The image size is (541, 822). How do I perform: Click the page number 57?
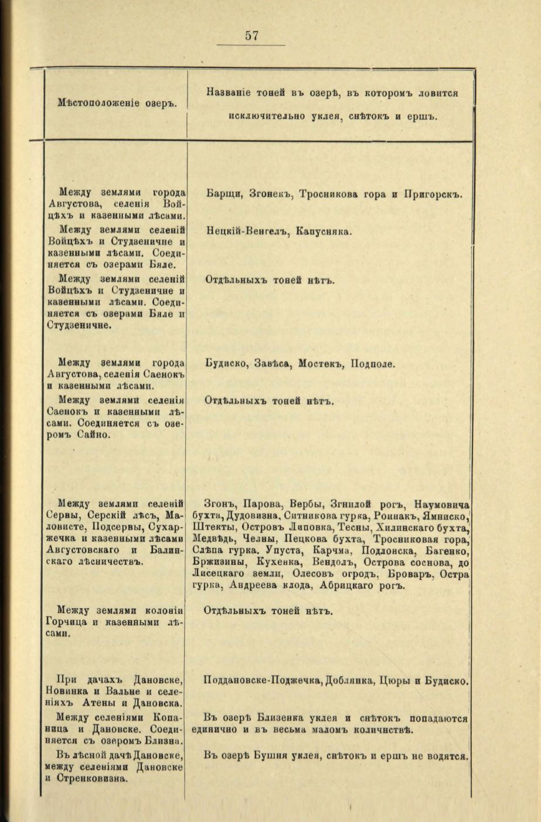[252, 36]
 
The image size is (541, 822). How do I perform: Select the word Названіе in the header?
[229, 93]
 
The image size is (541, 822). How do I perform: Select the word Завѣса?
[273, 364]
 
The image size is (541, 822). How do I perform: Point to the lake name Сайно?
[94, 435]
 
